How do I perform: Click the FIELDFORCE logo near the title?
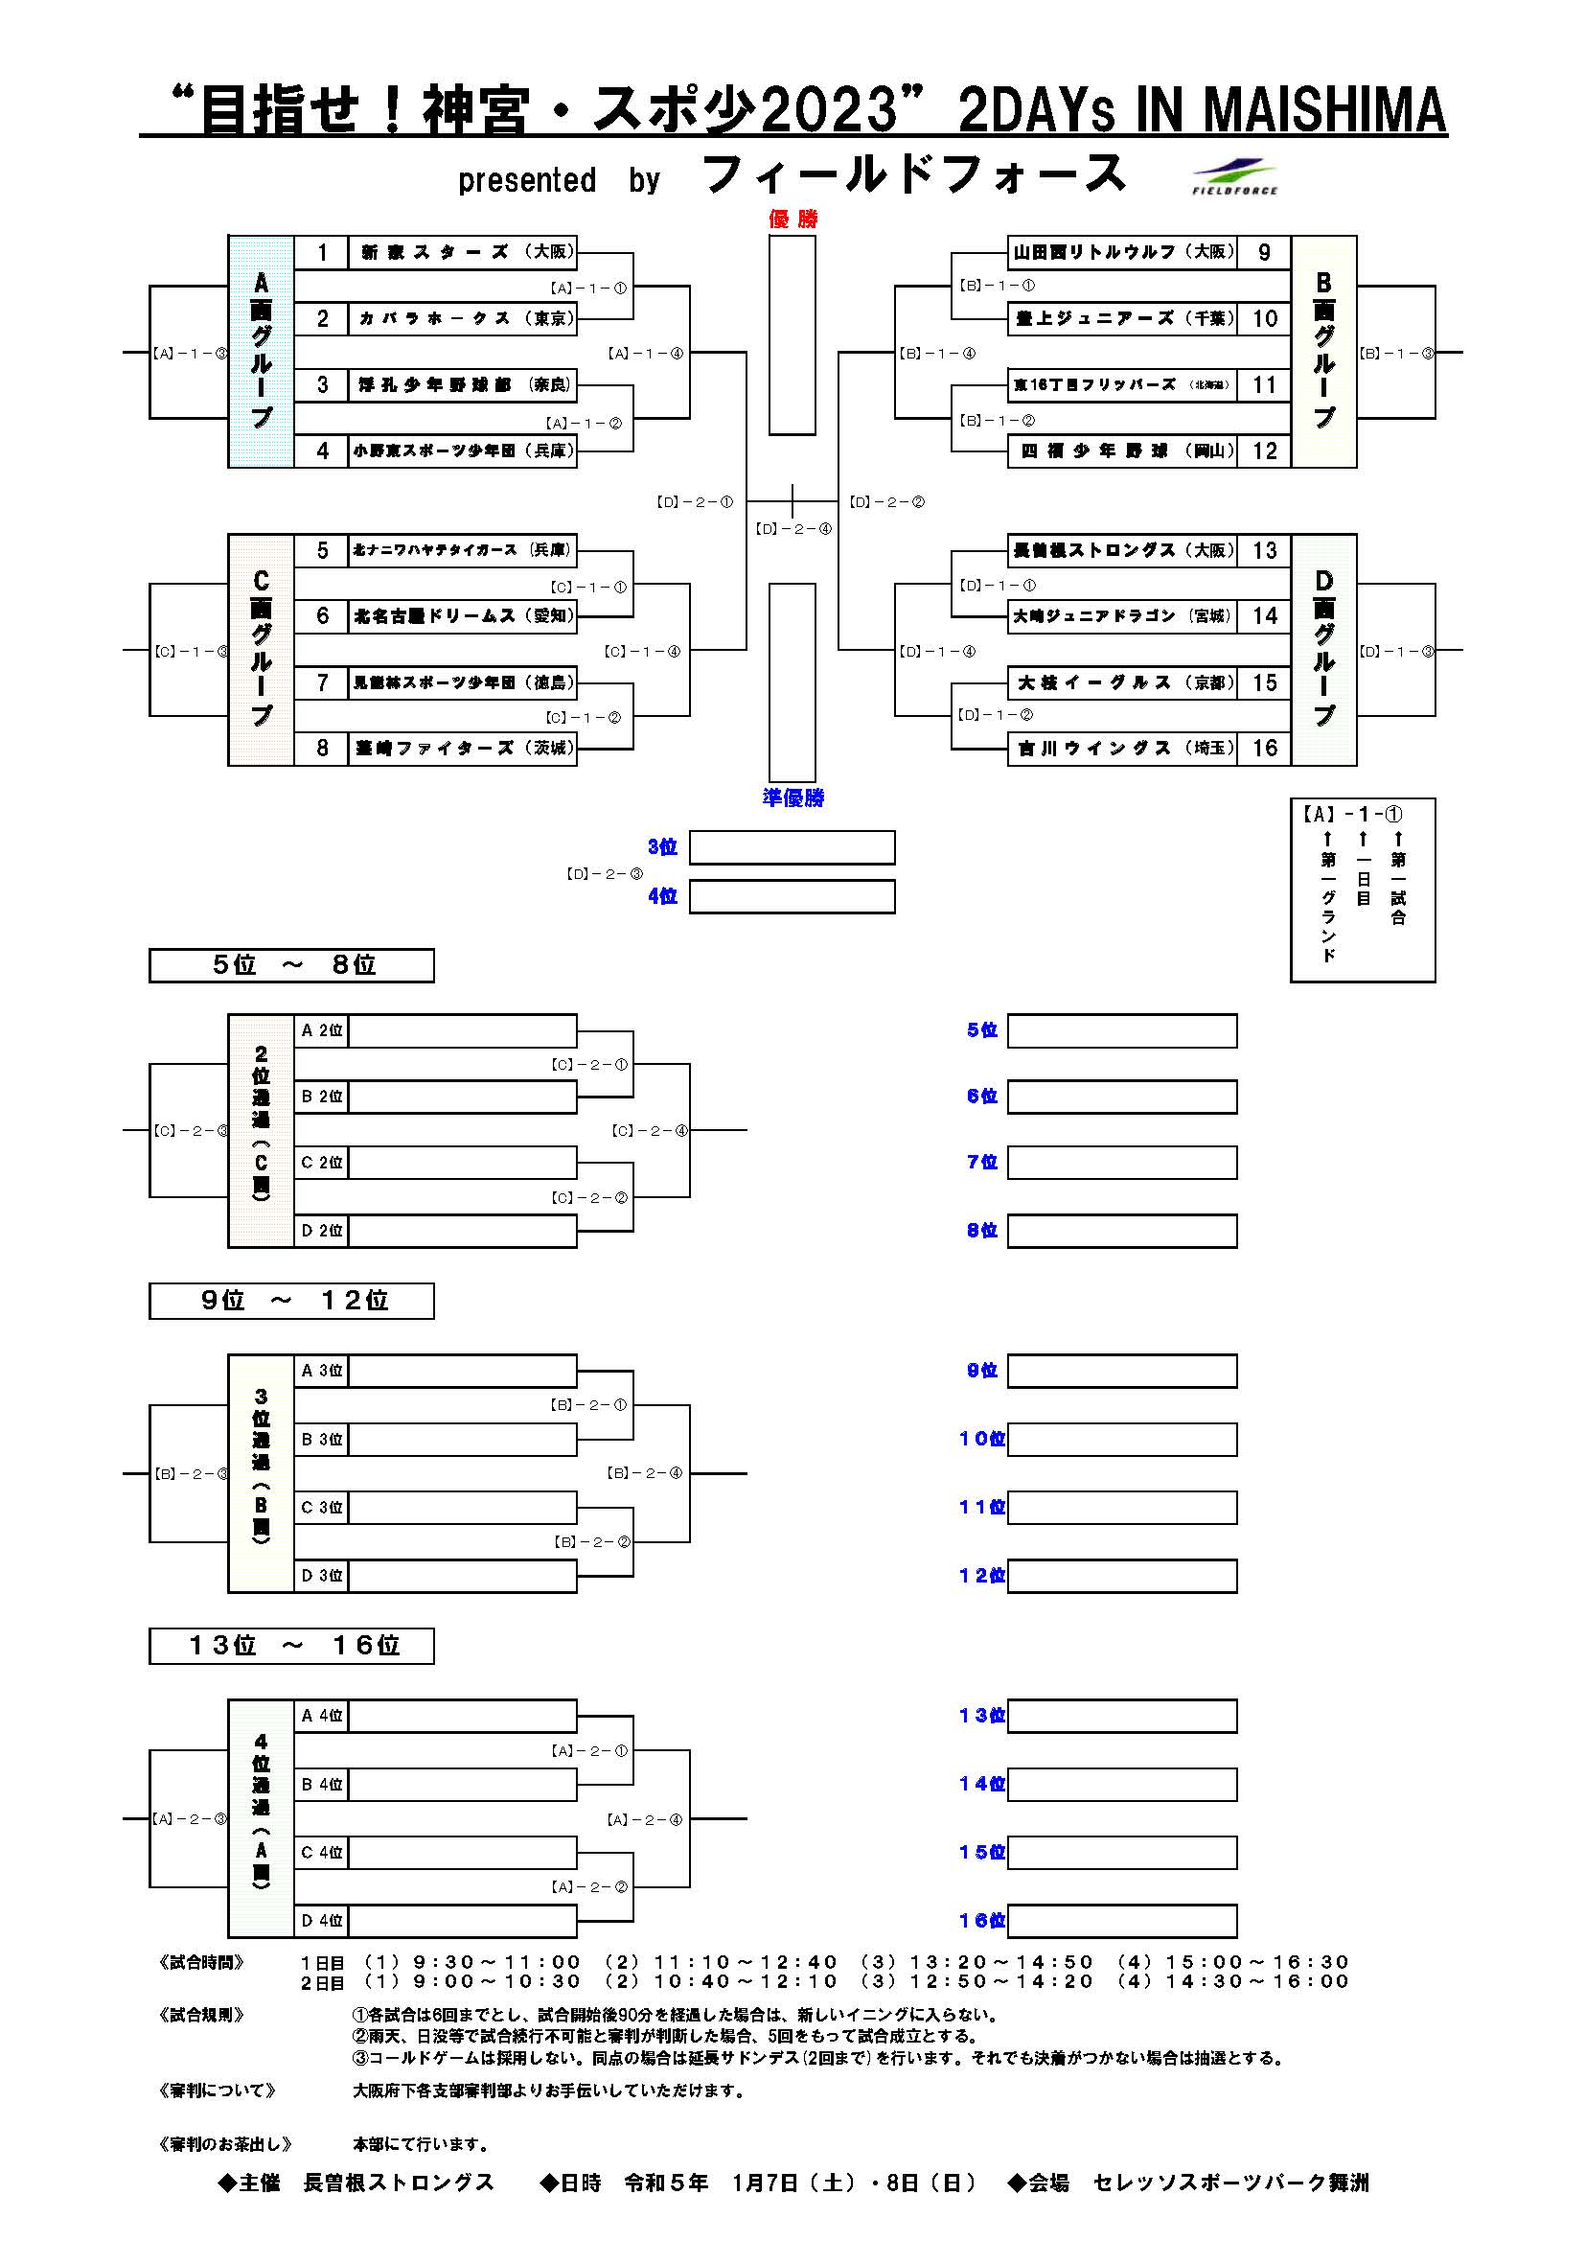click(1234, 176)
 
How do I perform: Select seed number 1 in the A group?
click(322, 253)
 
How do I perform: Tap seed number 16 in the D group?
click(1265, 749)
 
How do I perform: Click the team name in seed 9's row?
click(1122, 253)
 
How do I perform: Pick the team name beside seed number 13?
click(1122, 550)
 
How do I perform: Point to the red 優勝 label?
click(792, 219)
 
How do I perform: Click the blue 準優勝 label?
click(792, 797)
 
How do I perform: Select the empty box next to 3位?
click(792, 847)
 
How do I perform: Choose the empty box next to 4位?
click(792, 897)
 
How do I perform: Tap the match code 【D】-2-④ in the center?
click(793, 529)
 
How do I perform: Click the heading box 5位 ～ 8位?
click(291, 965)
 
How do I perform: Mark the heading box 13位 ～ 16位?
click(291, 1646)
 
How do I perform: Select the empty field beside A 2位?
click(462, 1030)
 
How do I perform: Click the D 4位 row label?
click(321, 1921)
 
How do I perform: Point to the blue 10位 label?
click(982, 1439)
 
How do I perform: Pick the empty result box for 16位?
click(1121, 1921)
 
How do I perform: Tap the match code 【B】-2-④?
click(644, 1473)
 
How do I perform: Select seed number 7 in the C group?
click(322, 683)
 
